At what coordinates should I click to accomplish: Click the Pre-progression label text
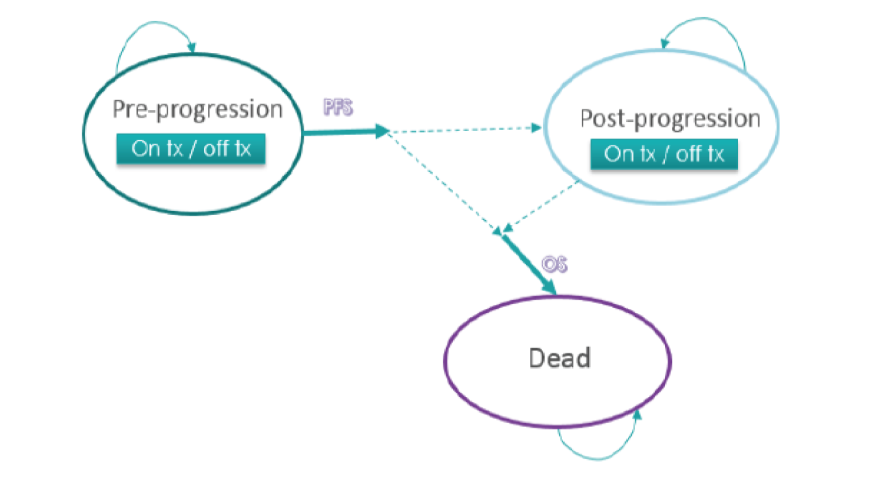[x=197, y=109]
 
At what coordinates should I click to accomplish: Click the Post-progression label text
[x=669, y=119]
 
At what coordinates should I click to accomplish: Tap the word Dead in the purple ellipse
[x=559, y=358]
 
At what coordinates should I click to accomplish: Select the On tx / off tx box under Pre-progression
[x=191, y=149]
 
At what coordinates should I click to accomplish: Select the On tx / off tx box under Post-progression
[x=664, y=154]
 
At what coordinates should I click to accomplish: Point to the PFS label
[x=338, y=107]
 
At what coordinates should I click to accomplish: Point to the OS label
[x=554, y=264]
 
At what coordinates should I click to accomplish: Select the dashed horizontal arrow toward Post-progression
[x=463, y=129]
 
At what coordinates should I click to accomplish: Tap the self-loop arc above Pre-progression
[x=149, y=26]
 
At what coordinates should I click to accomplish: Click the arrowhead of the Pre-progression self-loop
[x=192, y=47]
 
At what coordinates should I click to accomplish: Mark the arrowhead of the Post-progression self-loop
[x=664, y=43]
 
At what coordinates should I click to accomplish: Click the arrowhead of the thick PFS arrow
[x=382, y=131]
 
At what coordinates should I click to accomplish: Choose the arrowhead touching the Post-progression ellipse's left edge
[x=536, y=128]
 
